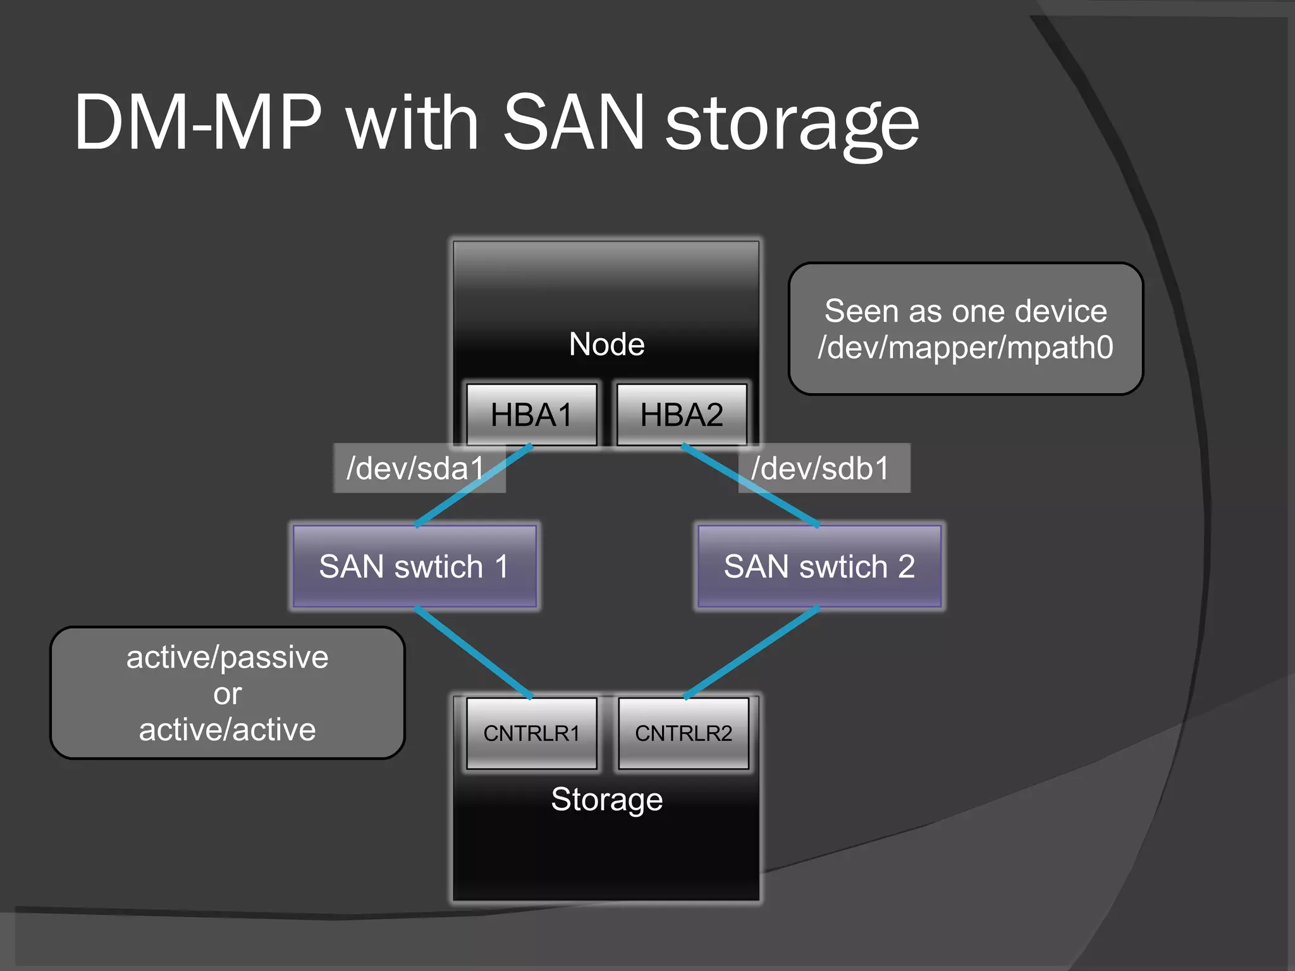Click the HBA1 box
coord(531,415)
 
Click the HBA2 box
coord(682,415)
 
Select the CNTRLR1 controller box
coord(531,733)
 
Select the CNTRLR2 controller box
coord(684,733)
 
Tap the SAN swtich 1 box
coord(414,566)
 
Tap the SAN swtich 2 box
coord(819,566)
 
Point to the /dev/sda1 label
coord(415,468)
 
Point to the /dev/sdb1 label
coord(821,468)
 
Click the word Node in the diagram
coord(606,345)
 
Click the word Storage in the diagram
coord(606,799)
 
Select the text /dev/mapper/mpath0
coord(966,348)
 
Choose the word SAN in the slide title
coord(573,123)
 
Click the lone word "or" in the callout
coord(227,694)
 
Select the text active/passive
coord(227,657)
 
